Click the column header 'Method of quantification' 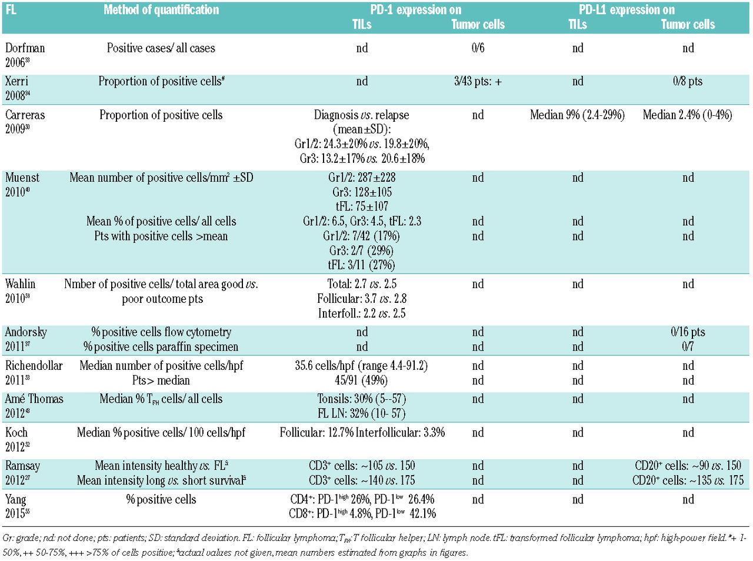(x=161, y=10)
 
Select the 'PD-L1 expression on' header (x=627, y=10)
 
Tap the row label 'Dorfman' (x=25, y=48)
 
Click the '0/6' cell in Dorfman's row (x=478, y=48)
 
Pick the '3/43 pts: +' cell (x=478, y=82)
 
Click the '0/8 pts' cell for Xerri (x=688, y=82)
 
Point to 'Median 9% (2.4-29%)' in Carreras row (x=577, y=115)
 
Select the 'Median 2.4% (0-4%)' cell (x=687, y=115)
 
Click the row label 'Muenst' (x=22, y=178)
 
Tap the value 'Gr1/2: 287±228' (x=362, y=178)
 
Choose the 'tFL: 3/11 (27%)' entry (x=362, y=265)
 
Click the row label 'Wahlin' (x=21, y=284)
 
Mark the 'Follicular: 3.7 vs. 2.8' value (x=362, y=299)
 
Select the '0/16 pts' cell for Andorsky (x=688, y=332)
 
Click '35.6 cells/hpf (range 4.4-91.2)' (x=362, y=366)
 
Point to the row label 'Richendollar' (x=34, y=366)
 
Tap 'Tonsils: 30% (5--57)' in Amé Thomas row (x=362, y=399)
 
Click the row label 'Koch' (x=16, y=433)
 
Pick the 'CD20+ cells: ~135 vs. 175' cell (x=688, y=480)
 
